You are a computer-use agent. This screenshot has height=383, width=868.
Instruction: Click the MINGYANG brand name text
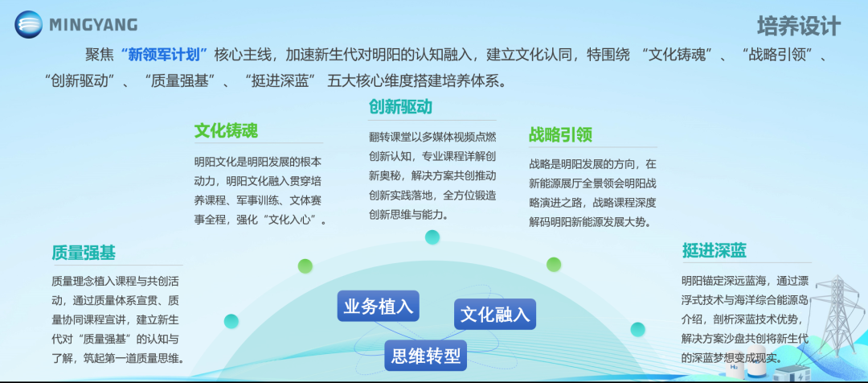(93, 25)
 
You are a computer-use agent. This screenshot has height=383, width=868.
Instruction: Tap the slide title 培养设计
(798, 26)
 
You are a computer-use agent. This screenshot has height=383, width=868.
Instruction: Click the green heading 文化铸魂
(226, 131)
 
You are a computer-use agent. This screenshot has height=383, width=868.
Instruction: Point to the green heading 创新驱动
(400, 107)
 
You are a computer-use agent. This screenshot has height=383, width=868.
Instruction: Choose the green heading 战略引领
(560, 134)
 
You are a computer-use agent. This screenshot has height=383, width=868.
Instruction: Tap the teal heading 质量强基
(84, 253)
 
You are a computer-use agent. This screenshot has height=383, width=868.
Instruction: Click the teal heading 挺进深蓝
(714, 249)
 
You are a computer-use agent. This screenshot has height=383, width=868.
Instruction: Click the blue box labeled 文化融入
(495, 314)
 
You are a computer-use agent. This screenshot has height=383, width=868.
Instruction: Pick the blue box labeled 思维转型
(426, 355)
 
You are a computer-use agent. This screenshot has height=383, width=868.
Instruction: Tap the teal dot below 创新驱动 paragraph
(432, 237)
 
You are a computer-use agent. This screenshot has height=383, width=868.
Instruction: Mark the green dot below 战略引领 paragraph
(554, 264)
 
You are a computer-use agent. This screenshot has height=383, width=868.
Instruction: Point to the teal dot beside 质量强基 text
(231, 321)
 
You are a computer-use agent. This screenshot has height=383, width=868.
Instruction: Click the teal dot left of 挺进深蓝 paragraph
(637, 329)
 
